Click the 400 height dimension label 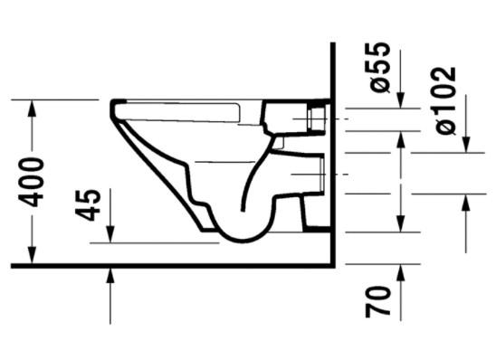[33, 181]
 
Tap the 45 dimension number [88, 204]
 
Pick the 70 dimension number [380, 301]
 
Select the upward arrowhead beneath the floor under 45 [109, 277]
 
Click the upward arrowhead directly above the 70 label [401, 270]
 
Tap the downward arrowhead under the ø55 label [401, 101]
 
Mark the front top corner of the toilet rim [114, 102]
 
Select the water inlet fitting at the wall [317, 118]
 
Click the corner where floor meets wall [333, 265]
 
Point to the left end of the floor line [13, 266]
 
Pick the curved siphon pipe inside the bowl [256, 181]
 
